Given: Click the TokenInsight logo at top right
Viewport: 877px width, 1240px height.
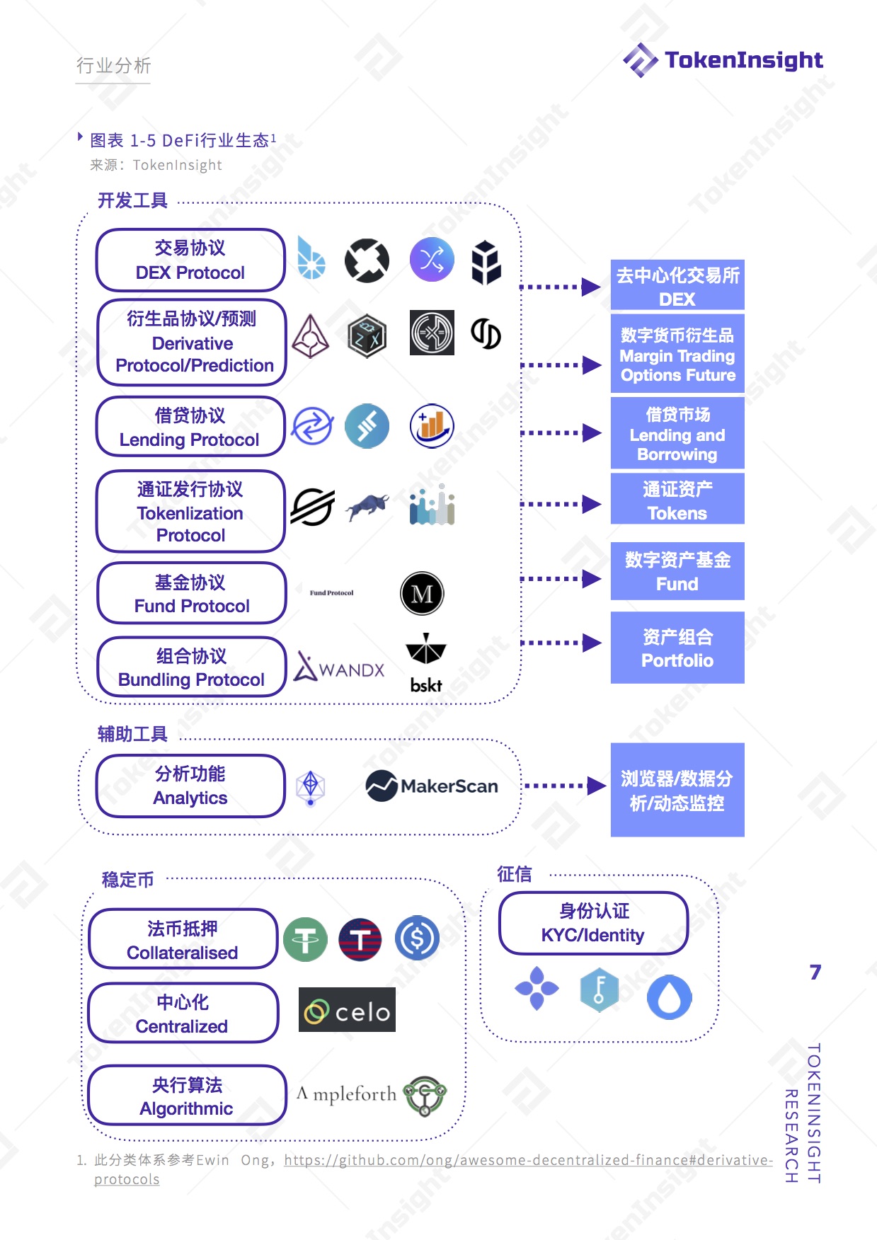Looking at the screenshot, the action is (x=723, y=60).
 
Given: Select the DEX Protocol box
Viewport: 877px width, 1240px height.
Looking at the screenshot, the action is (x=190, y=260).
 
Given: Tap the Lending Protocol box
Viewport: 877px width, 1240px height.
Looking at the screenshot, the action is (x=190, y=427).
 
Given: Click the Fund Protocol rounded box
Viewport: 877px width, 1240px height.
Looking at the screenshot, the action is (x=192, y=593).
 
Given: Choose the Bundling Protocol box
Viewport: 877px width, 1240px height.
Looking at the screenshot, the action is (x=192, y=667).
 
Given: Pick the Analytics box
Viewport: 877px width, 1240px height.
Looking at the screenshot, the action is (x=190, y=786).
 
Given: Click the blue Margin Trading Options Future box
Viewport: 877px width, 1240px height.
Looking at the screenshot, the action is (x=677, y=354).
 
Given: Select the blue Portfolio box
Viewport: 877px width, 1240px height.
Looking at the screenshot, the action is (x=677, y=648).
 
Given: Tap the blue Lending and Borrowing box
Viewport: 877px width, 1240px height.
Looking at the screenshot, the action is (x=677, y=433).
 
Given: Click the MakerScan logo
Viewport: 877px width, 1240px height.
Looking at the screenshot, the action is (x=432, y=786).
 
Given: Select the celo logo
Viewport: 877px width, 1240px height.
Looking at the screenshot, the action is (x=347, y=1010).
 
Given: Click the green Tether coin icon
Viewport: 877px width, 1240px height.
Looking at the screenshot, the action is (x=305, y=939).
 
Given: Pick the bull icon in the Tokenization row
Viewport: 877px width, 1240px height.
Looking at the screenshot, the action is (x=367, y=506).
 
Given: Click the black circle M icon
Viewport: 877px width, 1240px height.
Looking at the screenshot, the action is (x=422, y=593).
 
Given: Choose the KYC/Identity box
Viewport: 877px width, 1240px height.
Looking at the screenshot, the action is (x=593, y=923).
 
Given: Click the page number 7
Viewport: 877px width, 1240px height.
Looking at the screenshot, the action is (x=815, y=972).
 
